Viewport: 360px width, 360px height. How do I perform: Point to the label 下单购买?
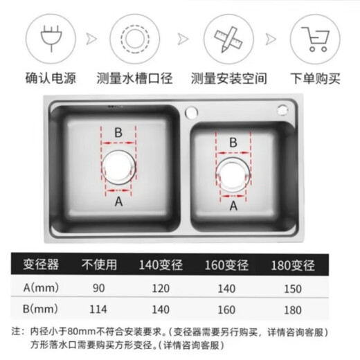click(315, 78)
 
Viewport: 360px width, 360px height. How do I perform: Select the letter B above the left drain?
click(118, 132)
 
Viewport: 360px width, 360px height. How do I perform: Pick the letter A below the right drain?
click(233, 205)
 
